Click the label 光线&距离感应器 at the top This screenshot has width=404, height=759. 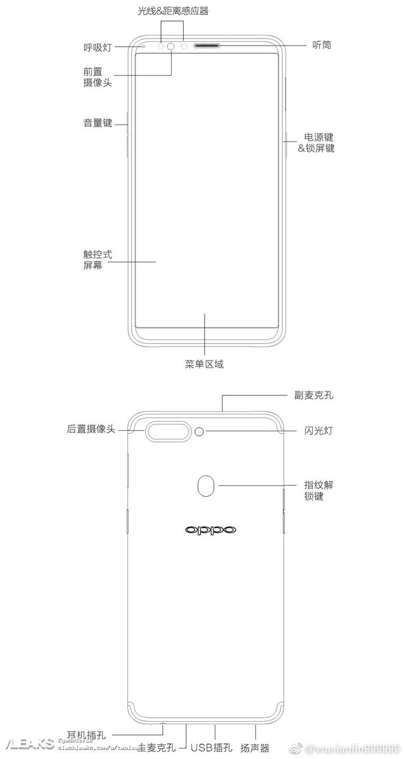[x=173, y=11]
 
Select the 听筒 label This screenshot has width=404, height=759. [x=322, y=46]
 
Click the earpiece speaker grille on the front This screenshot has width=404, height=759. [x=208, y=46]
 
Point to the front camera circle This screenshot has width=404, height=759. [x=172, y=46]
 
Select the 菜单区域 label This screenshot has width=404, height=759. [x=204, y=364]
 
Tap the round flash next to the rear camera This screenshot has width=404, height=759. [x=201, y=432]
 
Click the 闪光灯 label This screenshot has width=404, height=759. [x=319, y=431]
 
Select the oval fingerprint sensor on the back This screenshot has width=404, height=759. [x=206, y=486]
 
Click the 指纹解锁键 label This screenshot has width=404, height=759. [x=318, y=491]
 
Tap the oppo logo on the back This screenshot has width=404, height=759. [x=210, y=530]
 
